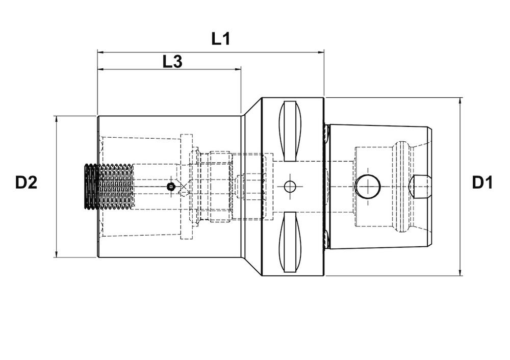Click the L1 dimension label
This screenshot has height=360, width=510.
pyautogui.click(x=221, y=39)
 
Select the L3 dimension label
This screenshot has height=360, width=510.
pyautogui.click(x=172, y=62)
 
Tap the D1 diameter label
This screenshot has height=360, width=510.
pyautogui.click(x=482, y=183)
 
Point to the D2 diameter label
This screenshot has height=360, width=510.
pyautogui.click(x=26, y=183)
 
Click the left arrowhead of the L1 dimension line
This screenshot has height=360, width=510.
pyautogui.click(x=100, y=52)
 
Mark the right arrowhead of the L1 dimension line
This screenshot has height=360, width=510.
pyautogui.click(x=321, y=52)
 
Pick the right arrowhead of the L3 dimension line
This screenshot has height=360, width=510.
pyautogui.click(x=238, y=69)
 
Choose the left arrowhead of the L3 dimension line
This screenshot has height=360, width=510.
pyautogui.click(x=100, y=69)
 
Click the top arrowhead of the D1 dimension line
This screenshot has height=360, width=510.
pyautogui.click(x=461, y=100)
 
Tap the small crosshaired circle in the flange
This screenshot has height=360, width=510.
pyautogui.click(x=290, y=187)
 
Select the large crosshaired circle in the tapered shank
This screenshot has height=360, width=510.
pyautogui.click(x=368, y=187)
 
